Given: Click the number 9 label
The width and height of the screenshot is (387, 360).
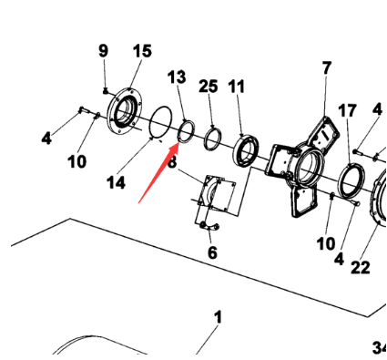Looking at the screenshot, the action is pos(104,51).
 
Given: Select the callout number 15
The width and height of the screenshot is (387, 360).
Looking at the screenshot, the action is pos(142,51).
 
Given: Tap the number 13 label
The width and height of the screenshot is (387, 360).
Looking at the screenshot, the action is pos(177,77).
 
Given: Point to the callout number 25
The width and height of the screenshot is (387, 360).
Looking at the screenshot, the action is pos(209,87).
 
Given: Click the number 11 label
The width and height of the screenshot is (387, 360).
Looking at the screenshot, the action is pos(237,87).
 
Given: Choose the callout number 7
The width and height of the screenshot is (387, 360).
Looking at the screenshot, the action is pos(326,67).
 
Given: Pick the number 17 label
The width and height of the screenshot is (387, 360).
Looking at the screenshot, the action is pos(347,110).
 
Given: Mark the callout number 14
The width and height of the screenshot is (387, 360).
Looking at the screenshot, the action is pos(116,183).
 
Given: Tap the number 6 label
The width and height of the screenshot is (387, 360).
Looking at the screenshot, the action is pos(212,252).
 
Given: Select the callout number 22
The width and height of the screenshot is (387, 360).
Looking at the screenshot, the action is pos(361,268).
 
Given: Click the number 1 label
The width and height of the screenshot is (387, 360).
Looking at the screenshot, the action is pos(219,317).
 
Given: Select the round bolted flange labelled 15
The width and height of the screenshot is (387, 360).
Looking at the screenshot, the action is pos(125,110).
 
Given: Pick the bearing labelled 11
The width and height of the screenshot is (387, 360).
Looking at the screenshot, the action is pos(246,150).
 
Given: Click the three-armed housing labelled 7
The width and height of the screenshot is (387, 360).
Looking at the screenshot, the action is pos(302,167).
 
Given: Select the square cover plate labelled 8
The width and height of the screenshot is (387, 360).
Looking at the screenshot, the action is pos(216,193).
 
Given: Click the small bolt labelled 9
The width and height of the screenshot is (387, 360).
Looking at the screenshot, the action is pos(106,90).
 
